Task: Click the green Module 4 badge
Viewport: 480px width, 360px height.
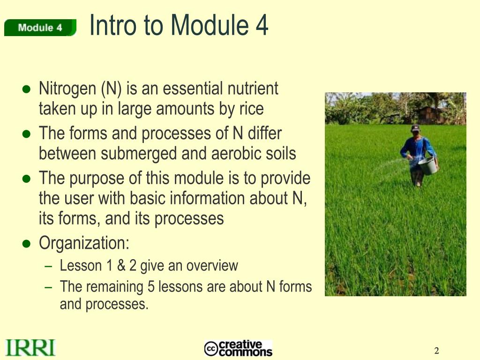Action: tap(40, 28)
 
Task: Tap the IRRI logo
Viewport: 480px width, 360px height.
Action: tap(30, 348)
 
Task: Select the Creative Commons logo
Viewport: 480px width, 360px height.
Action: tap(238, 348)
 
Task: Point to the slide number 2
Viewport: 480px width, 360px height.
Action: tap(436, 351)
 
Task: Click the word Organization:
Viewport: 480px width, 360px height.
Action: tap(84, 243)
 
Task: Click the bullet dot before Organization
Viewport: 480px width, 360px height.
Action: tap(27, 244)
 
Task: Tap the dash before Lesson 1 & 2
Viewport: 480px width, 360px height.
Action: tap(48, 266)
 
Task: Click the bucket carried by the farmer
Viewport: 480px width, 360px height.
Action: tap(427, 165)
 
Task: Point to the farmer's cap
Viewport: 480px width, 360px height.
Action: tap(415, 127)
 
